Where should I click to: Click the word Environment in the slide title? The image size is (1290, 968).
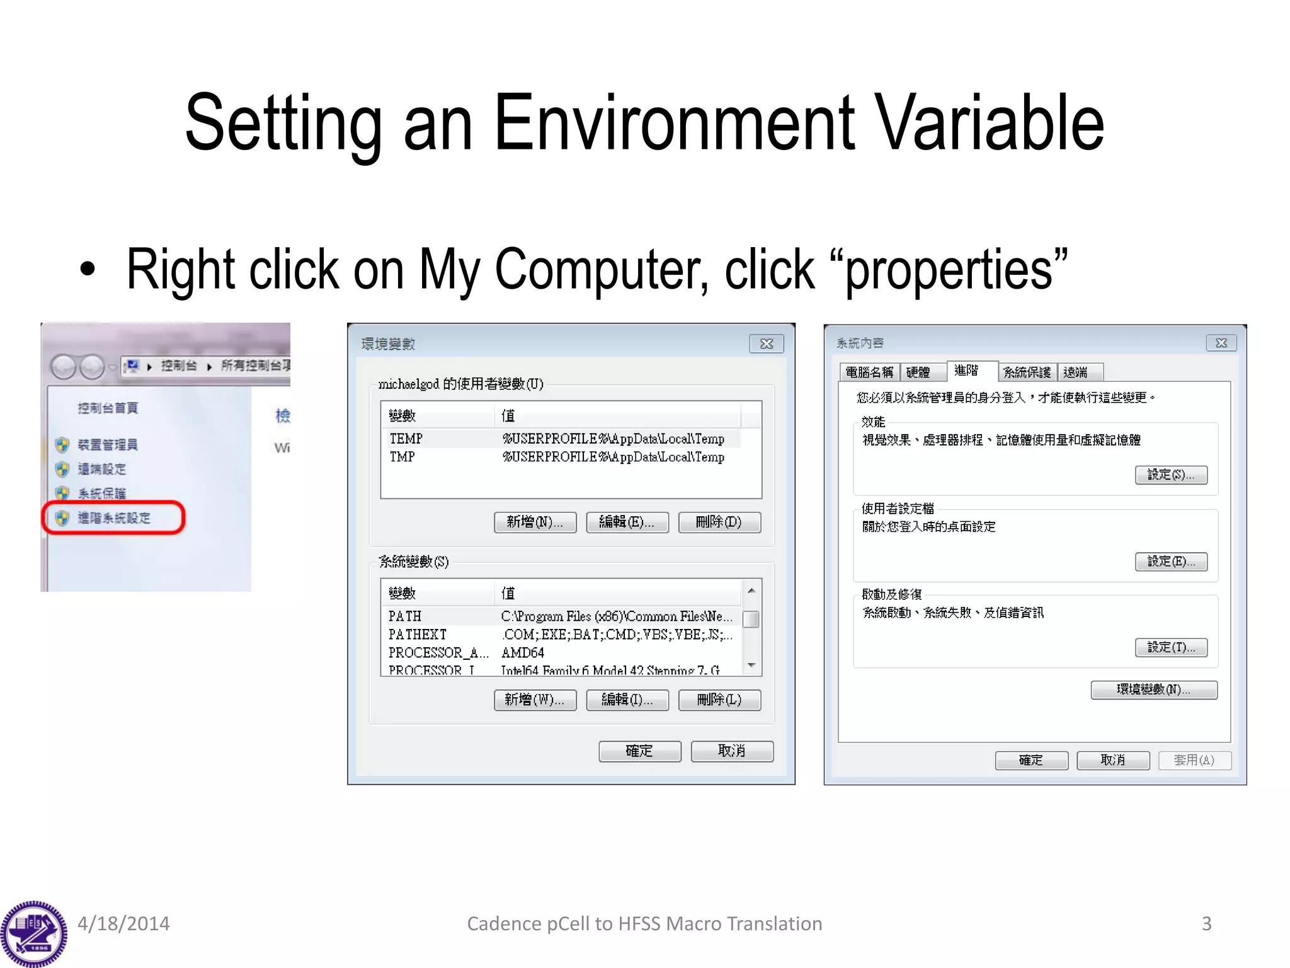click(673, 123)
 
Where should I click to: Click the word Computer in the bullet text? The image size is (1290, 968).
click(602, 270)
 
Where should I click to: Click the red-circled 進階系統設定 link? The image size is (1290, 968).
click(114, 518)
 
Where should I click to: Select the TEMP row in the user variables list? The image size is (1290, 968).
click(406, 439)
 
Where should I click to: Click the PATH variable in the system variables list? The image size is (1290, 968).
click(405, 616)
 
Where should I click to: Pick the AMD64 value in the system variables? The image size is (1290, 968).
click(523, 653)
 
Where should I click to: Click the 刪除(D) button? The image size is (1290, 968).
click(719, 522)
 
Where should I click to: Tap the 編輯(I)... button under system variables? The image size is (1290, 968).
click(627, 700)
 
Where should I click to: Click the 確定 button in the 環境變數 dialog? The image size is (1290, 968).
click(639, 751)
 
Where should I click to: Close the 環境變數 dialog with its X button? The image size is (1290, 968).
click(766, 343)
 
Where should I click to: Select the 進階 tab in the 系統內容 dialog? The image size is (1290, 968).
click(966, 371)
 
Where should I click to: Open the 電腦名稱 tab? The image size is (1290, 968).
click(869, 372)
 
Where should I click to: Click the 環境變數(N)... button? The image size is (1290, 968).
click(1153, 689)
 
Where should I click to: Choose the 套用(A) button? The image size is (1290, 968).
click(1194, 760)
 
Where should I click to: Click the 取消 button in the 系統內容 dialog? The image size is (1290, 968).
click(1112, 760)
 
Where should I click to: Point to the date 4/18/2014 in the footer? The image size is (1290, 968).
click(123, 924)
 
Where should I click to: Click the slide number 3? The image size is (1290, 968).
click(1206, 924)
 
